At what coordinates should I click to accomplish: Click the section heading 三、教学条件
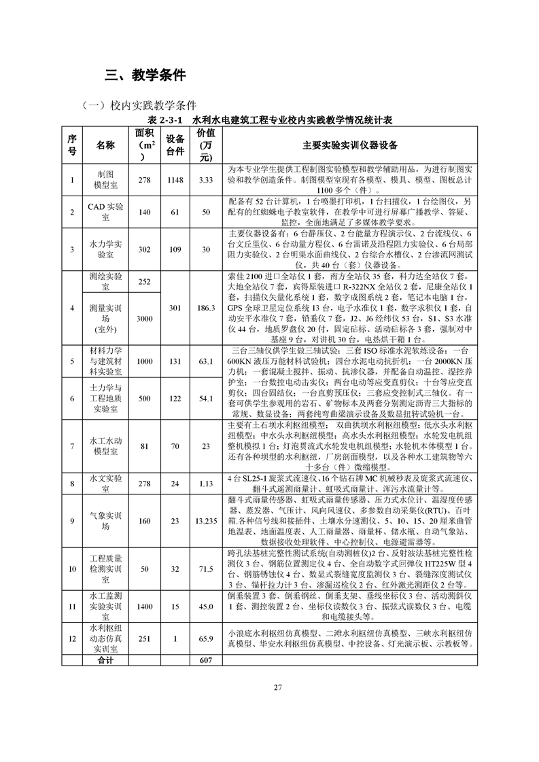pos(145,75)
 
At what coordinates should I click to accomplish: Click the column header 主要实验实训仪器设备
pos(350,145)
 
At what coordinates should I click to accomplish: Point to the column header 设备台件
pos(175,145)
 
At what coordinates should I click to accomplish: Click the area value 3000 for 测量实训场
pos(143,319)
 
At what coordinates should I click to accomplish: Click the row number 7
pos(72,446)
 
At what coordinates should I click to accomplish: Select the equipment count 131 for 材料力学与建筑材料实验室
pos(175,361)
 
